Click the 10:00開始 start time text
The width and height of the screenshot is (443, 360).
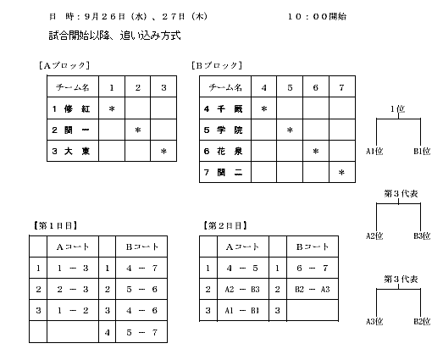coord(317,16)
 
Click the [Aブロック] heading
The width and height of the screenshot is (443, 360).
coord(64,65)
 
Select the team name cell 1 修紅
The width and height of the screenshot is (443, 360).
coord(73,108)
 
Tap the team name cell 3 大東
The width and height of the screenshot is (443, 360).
coord(73,151)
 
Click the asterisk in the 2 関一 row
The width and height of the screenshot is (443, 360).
coord(137,130)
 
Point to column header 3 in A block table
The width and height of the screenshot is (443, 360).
coord(163,87)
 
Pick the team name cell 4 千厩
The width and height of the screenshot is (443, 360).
coord(225,108)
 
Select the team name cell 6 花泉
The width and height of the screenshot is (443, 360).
coord(225,151)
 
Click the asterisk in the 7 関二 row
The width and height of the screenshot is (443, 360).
coord(341,172)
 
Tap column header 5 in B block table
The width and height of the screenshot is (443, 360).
coord(290,87)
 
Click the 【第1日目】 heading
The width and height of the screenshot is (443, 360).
coord(55,226)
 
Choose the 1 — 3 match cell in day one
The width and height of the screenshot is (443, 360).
coord(73,268)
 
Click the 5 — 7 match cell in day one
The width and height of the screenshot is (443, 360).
coord(141,332)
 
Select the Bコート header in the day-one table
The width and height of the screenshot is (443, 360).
coord(141,246)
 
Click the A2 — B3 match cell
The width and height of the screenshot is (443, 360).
coord(242,289)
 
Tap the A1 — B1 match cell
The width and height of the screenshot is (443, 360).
coord(242,311)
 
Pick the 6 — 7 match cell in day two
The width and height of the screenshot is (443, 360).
coord(313,268)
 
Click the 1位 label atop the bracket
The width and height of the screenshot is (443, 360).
coord(398,109)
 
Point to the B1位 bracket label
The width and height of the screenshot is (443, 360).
coord(422,151)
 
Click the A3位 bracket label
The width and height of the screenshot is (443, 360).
coord(374,321)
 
